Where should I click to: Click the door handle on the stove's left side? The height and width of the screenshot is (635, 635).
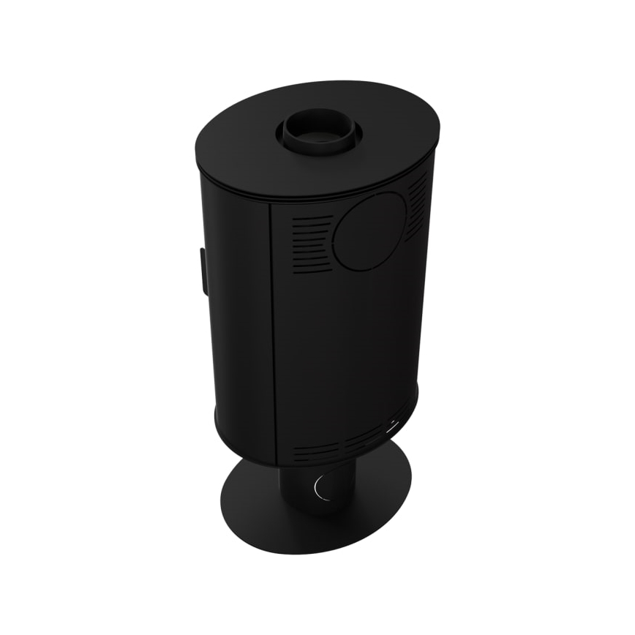pos(199,267)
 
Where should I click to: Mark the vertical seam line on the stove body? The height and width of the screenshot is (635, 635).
pos(272,329)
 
